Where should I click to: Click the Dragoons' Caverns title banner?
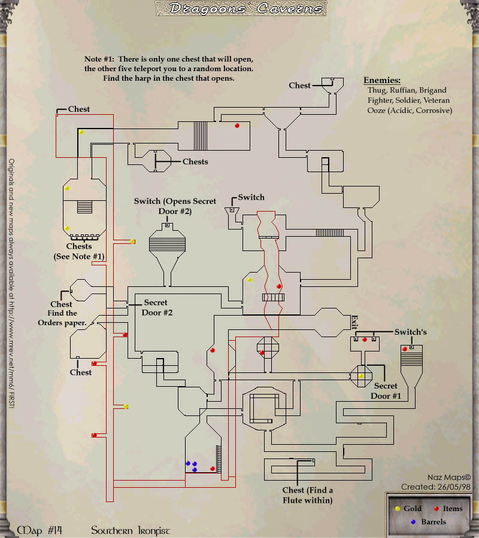point(239,8)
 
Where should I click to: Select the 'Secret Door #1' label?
point(386,391)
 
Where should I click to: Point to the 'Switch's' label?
point(410,332)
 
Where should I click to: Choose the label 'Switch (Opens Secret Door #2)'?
point(166,206)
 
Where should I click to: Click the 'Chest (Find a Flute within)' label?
point(308,495)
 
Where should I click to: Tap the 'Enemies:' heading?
point(382,80)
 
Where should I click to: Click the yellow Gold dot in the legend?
point(397,509)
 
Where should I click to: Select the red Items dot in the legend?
point(435,509)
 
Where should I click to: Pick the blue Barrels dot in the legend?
point(413,522)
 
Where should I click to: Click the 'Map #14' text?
point(41,531)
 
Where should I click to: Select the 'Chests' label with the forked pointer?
point(195,161)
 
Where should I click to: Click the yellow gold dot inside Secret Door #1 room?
point(361,376)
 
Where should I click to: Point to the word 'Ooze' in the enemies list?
point(377,111)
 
